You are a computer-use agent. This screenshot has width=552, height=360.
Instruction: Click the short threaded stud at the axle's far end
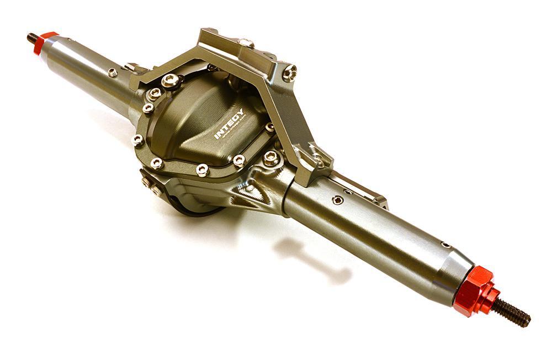point(32,39)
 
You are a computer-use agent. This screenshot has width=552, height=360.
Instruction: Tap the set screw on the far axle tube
point(113,72)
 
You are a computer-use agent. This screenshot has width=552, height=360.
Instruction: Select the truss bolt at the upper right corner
point(289,72)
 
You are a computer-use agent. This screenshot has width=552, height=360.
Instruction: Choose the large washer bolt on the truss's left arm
point(171,82)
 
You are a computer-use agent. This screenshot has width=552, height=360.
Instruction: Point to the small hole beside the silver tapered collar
point(445,245)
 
